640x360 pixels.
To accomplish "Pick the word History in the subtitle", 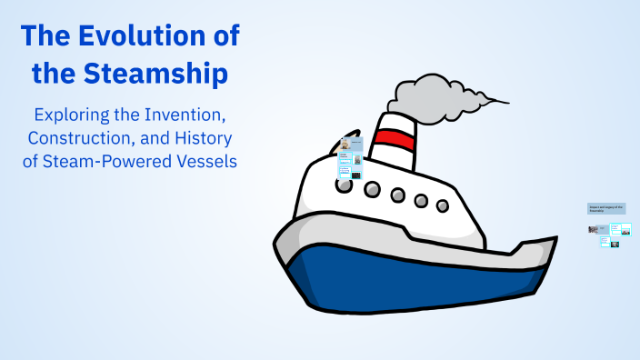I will (199, 139).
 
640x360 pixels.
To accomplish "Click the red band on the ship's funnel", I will (395, 138).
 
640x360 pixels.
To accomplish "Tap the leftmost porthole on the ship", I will (345, 185).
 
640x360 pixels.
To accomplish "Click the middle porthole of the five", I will (397, 195).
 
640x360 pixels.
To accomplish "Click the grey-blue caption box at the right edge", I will (605, 209).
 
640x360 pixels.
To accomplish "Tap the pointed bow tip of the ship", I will (555, 241).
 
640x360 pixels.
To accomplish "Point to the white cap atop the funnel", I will (393, 122).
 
